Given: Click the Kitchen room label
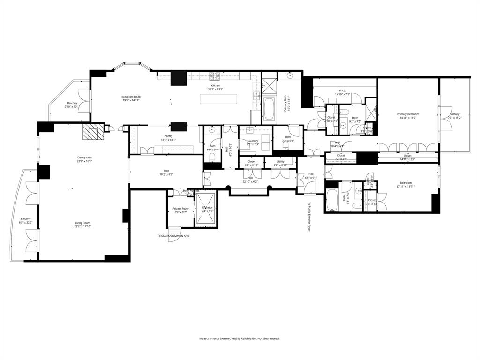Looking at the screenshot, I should (215, 86).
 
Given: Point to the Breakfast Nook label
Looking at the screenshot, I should (131, 97).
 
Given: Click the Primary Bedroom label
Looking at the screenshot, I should (408, 114).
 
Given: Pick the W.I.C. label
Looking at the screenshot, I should (342, 90).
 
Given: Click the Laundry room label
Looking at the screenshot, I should (253, 141).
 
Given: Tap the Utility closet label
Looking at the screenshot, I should (280, 161).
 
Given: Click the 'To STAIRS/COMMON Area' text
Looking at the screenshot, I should (173, 236).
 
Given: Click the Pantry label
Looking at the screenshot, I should (155, 136).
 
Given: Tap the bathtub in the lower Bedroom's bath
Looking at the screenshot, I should (331, 201).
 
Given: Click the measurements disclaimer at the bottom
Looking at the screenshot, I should (240, 338).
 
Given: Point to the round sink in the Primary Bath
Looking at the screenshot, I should (291, 75).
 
